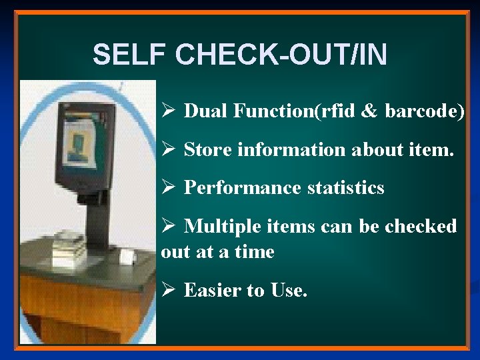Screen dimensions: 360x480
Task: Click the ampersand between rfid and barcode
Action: [369, 111]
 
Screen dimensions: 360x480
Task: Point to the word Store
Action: [205, 150]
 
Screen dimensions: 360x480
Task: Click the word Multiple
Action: [220, 227]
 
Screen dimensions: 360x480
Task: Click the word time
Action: [255, 252]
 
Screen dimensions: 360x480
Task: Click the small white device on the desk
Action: [125, 257]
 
